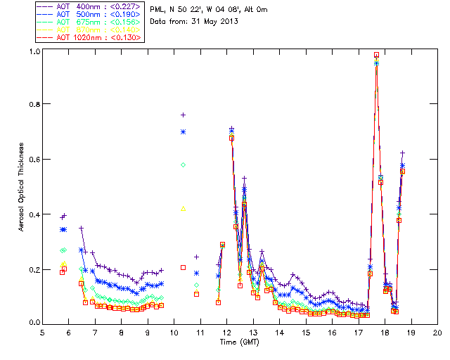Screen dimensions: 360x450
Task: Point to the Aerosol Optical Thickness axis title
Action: coord(22,186)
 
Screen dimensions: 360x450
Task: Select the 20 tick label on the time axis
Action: coord(437,332)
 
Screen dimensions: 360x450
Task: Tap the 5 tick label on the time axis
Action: coord(42,332)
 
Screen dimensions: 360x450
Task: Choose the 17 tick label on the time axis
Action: coord(359,332)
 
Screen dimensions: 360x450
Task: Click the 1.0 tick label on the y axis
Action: coord(34,51)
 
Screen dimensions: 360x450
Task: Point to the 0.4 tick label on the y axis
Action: coord(34,214)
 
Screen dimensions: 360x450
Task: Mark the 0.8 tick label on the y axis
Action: coord(34,104)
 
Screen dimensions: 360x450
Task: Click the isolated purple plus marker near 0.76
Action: coord(183,115)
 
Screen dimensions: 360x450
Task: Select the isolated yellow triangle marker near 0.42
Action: coord(183,208)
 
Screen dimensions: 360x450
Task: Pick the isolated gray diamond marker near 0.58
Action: coord(183,165)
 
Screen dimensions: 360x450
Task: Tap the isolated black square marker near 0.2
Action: coord(183,267)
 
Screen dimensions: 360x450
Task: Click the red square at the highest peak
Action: coord(377,54)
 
